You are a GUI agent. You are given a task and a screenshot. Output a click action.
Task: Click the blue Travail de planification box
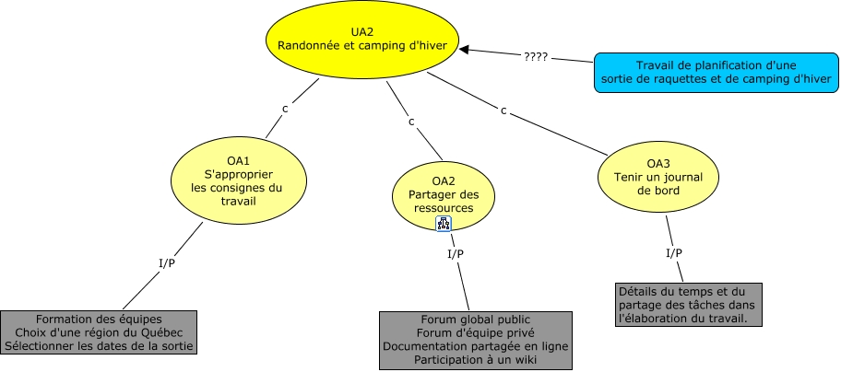coord(716,73)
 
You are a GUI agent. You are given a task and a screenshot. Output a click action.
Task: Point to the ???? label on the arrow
coord(536,56)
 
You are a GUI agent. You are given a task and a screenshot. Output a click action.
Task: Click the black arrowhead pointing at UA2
coord(465,50)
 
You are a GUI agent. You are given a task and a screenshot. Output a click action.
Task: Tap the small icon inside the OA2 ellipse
coord(444,224)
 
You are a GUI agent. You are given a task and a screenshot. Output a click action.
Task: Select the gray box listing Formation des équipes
coord(100,332)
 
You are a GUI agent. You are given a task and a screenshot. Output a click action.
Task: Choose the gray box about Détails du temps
coord(688,305)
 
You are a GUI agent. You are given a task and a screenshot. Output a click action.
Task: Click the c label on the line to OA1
coord(285,108)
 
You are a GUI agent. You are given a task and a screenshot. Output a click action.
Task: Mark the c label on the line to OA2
coord(410,121)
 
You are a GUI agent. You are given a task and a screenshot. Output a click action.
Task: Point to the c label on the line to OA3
coord(503,110)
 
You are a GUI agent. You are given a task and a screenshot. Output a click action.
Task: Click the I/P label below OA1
coord(168,263)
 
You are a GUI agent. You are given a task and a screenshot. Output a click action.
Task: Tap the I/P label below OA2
coord(455,253)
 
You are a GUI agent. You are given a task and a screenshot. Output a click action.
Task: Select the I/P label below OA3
coord(674,252)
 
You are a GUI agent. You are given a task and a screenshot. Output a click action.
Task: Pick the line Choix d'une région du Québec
coord(100,332)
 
